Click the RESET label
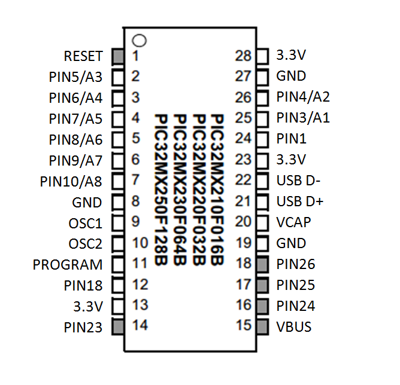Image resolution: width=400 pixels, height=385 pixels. point(83,56)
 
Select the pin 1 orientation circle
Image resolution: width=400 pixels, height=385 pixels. point(139,41)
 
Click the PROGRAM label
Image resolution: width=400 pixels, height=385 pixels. point(68,264)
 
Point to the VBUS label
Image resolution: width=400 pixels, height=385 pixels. point(294,326)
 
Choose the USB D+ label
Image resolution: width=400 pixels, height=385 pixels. point(300,201)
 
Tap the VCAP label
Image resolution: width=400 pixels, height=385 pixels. point(294,222)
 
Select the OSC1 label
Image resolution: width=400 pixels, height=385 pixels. point(86,223)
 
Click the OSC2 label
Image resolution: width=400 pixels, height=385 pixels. point(86,244)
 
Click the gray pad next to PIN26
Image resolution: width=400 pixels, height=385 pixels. point(262,264)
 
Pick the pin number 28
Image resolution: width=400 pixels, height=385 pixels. point(243,56)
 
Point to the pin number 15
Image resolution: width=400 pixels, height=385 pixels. point(243,326)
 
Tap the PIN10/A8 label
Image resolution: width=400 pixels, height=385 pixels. point(71,181)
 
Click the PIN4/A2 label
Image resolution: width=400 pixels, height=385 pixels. point(303,97)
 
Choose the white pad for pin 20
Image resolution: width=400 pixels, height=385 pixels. point(262,222)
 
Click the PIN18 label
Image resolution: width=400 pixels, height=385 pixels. point(83,285)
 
